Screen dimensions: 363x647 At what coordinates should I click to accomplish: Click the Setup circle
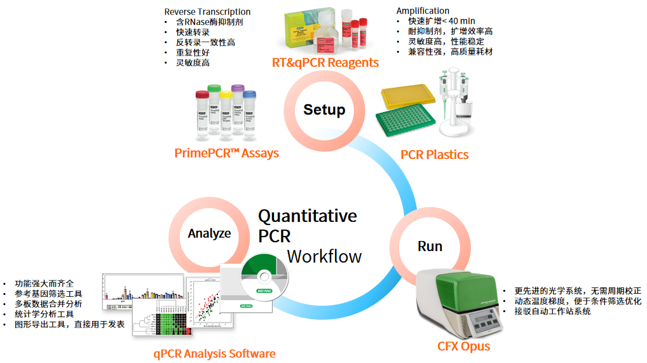tap(324, 110)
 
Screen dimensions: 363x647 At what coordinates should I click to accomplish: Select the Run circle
tap(430, 246)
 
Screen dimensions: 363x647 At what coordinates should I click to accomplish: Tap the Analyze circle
tap(209, 233)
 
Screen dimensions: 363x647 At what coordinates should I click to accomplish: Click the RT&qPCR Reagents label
tap(325, 62)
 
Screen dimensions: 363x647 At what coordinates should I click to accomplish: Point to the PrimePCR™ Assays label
tap(226, 153)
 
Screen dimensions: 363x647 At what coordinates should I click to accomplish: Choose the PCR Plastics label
tap(434, 154)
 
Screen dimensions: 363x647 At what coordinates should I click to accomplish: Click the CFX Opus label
tap(463, 346)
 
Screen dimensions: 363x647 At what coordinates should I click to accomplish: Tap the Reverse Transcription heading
tap(207, 11)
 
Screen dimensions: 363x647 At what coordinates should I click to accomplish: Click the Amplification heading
tap(423, 11)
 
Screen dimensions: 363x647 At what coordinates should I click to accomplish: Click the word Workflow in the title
tap(324, 256)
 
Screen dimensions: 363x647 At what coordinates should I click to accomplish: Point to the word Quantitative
tap(307, 216)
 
